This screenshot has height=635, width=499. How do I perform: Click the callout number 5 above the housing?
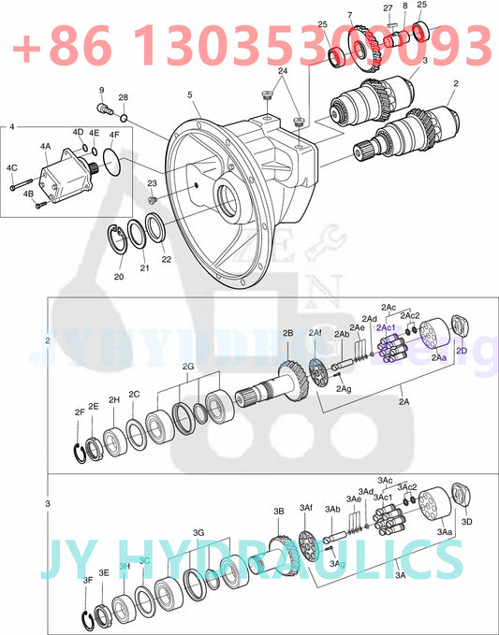pyautogui.click(x=189, y=94)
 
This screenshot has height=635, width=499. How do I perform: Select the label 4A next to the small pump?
pyautogui.click(x=45, y=147)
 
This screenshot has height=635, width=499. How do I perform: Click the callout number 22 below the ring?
pyautogui.click(x=167, y=259)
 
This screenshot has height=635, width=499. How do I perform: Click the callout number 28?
pyautogui.click(x=123, y=98)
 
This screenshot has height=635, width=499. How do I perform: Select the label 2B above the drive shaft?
pyautogui.click(x=288, y=333)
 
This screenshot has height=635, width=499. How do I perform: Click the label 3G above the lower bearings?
pyautogui.click(x=198, y=532)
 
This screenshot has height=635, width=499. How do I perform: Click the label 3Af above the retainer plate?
pyautogui.click(x=305, y=507)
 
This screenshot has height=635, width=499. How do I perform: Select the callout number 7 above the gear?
pyautogui.click(x=350, y=15)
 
